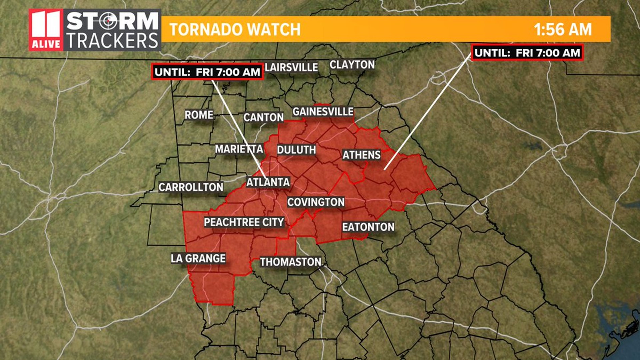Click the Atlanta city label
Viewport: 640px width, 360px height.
[x=268, y=182]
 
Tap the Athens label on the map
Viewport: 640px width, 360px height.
[x=361, y=155]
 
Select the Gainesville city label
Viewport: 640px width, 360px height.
[x=323, y=112]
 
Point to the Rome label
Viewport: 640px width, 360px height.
[x=199, y=115]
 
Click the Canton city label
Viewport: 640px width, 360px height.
[x=263, y=117]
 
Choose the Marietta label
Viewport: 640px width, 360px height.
[x=239, y=149]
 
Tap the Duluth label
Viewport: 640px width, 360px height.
[x=296, y=150]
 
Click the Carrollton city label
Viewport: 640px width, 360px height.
[x=191, y=187]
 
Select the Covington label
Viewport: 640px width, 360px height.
[x=316, y=202]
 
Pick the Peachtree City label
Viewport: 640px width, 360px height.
[x=244, y=222]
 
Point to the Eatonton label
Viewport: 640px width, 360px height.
[x=368, y=227]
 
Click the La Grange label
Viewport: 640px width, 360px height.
[x=198, y=258]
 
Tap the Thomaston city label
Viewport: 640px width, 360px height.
[x=291, y=262]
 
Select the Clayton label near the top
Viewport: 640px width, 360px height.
[x=352, y=65]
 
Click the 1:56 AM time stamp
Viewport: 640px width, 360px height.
[x=563, y=29]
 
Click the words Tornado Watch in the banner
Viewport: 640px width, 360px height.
[x=235, y=29]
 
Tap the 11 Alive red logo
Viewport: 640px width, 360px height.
[x=46, y=30]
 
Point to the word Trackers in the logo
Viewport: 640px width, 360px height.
[x=112, y=41]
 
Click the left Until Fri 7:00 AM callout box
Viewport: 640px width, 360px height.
[x=207, y=72]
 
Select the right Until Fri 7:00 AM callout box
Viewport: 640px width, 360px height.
[x=527, y=53]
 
